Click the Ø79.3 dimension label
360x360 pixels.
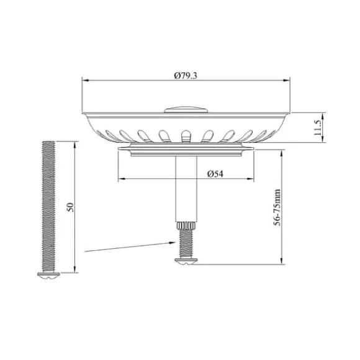point(186,76)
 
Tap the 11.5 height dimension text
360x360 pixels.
point(318,127)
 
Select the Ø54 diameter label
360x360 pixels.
point(215,174)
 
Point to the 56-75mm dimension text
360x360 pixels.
point(277,207)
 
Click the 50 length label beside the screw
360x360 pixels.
point(70,207)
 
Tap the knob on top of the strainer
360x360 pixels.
point(186,109)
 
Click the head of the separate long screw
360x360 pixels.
point(48,276)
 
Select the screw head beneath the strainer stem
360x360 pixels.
point(186,261)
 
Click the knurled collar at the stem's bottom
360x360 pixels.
point(186,225)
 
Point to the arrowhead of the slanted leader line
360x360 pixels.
point(172,243)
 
